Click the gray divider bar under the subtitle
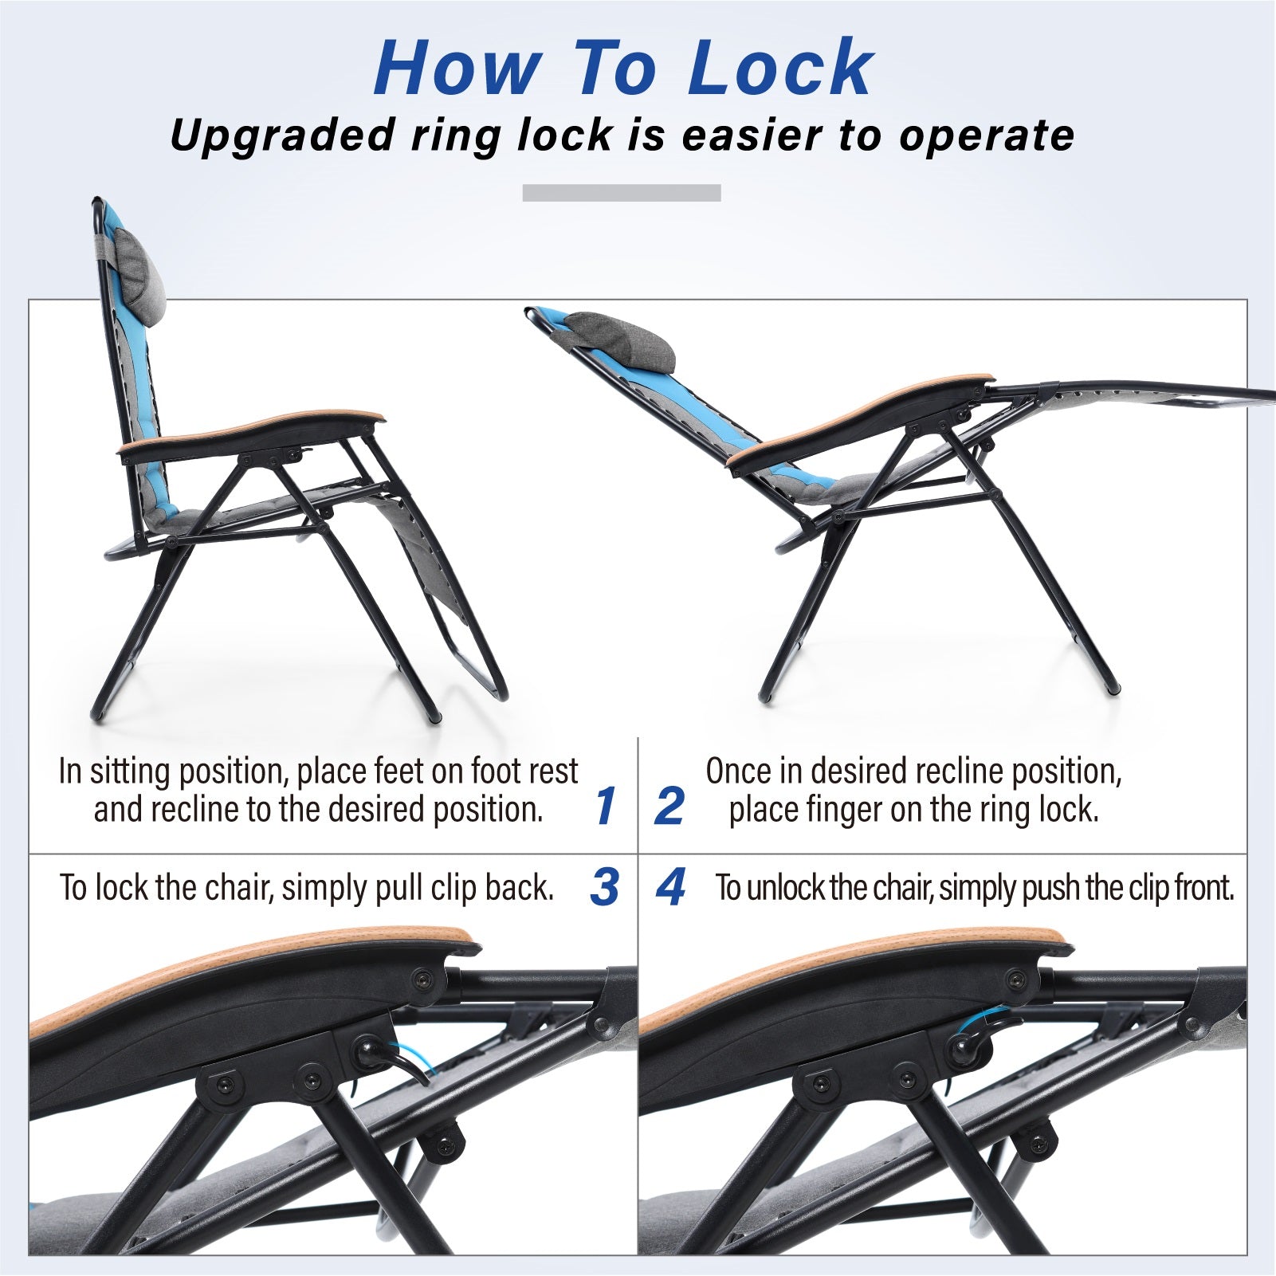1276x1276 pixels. click(x=622, y=193)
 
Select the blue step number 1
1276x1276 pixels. click(x=606, y=806)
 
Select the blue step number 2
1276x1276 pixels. click(x=669, y=806)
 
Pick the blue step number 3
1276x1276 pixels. click(x=605, y=886)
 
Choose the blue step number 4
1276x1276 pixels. click(x=670, y=886)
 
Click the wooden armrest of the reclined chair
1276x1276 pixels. click(x=861, y=418)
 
